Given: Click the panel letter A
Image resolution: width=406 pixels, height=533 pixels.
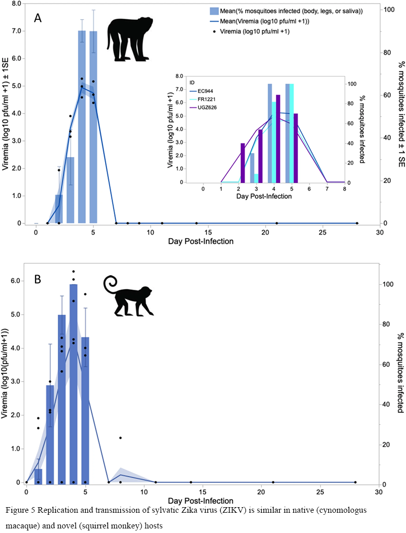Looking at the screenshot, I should coord(38,18).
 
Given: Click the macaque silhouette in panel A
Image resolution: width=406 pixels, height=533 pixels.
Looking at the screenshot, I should coord(128,39).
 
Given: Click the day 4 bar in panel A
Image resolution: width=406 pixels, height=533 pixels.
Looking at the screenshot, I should coord(82,127).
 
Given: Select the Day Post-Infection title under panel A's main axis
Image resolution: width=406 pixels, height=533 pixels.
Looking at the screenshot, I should coord(201,241).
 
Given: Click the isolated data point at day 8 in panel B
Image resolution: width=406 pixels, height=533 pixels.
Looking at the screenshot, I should coord(120,438).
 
